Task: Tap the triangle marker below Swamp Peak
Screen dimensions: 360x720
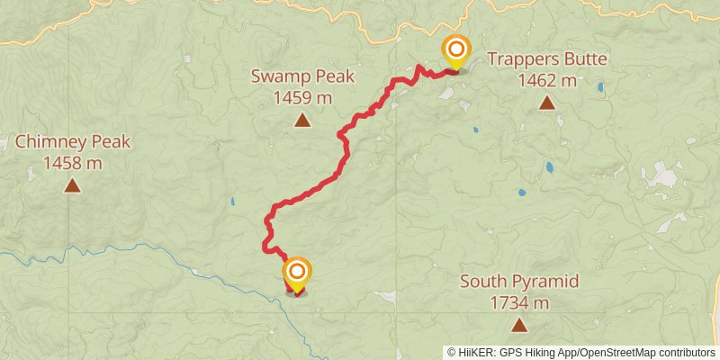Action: pyautogui.click(x=302, y=120)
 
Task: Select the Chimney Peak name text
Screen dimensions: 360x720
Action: pyautogui.click(x=73, y=142)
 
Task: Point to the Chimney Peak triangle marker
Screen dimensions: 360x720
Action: pyautogui.click(x=72, y=186)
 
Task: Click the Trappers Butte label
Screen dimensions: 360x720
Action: pyautogui.click(x=547, y=60)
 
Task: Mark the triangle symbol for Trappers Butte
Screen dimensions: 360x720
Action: pyautogui.click(x=547, y=103)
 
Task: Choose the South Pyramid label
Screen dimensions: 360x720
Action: pyautogui.click(x=519, y=282)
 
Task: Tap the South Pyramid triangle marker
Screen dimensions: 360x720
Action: pyautogui.click(x=519, y=325)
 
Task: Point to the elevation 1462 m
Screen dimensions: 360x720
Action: pyautogui.click(x=547, y=81)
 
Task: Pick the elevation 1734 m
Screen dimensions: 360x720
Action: pyautogui.click(x=519, y=302)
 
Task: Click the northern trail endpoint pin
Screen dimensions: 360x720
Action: pyautogui.click(x=456, y=49)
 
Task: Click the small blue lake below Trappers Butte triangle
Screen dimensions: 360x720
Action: pyautogui.click(x=550, y=167)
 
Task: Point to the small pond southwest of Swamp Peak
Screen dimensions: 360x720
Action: pyautogui.click(x=232, y=202)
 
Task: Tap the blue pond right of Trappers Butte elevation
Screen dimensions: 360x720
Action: pyautogui.click(x=601, y=88)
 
